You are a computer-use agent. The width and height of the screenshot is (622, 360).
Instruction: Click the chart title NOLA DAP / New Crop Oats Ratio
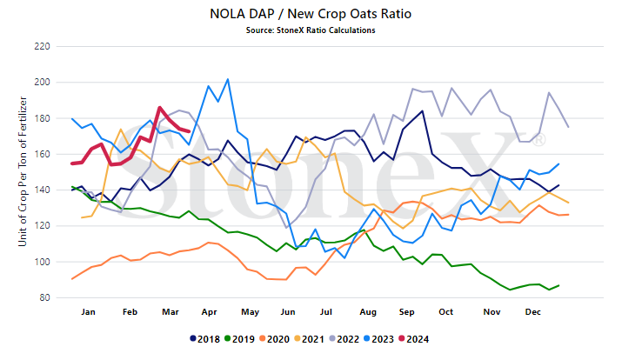pyautogui.click(x=311, y=14)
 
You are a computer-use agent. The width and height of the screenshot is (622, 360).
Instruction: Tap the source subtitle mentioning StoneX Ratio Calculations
pyautogui.click(x=311, y=30)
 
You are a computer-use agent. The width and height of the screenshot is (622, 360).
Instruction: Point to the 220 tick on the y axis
pyautogui.click(x=42, y=46)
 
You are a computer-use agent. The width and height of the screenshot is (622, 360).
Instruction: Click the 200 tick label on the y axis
pyautogui.click(x=42, y=82)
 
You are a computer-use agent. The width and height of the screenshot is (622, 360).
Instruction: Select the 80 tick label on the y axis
pyautogui.click(x=44, y=297)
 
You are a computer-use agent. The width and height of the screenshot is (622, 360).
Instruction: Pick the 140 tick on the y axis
pyautogui.click(x=42, y=190)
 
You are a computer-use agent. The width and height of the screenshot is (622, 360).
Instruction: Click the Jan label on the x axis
pyautogui.click(x=88, y=312)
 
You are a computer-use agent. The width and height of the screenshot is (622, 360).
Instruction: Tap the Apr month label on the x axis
pyautogui.click(x=209, y=312)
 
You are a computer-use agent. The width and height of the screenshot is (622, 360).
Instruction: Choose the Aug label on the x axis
pyautogui.click(x=368, y=312)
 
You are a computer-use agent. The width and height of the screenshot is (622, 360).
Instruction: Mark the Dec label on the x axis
pyautogui.click(x=532, y=312)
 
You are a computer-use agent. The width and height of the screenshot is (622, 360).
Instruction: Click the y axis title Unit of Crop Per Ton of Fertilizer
pyautogui.click(x=23, y=171)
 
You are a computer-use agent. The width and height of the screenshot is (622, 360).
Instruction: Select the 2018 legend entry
pyautogui.click(x=205, y=339)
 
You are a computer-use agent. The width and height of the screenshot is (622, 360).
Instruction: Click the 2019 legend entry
pyautogui.click(x=239, y=339)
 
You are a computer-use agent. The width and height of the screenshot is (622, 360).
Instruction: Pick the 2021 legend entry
pyautogui.click(x=310, y=339)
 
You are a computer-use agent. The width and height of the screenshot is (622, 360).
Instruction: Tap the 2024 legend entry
pyautogui.click(x=414, y=339)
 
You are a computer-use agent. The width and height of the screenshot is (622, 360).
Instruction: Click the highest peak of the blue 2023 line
pyautogui.click(x=228, y=79)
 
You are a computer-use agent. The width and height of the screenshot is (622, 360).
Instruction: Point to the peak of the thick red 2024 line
pyautogui.click(x=159, y=107)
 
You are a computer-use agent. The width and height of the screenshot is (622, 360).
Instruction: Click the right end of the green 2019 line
pyautogui.click(x=558, y=285)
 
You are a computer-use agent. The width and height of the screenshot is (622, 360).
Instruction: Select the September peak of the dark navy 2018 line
pyautogui.click(x=423, y=111)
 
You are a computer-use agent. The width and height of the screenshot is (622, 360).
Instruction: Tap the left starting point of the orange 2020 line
pyautogui.click(x=72, y=279)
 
